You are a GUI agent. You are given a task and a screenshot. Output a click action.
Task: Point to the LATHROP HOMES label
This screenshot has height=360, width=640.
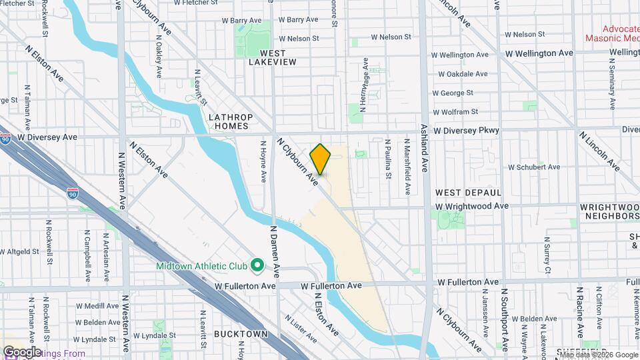pyautogui.click(x=229, y=121)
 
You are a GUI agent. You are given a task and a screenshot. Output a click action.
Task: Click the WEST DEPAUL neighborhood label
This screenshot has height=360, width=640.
pyautogui.click(x=462, y=192)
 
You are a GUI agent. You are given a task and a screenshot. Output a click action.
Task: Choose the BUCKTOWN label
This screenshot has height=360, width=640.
pyautogui.click(x=241, y=333)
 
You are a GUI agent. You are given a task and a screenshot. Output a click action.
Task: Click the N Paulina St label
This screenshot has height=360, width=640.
pyautogui.click(x=388, y=159)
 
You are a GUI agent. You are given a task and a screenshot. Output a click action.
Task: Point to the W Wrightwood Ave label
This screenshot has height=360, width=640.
pyautogui.click(x=473, y=207)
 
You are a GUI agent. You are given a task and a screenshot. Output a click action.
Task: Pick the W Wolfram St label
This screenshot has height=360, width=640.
pyautogui.click(x=455, y=112)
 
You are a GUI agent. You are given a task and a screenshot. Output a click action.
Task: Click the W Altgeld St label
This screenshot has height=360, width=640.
pyautogui.click(x=21, y=252)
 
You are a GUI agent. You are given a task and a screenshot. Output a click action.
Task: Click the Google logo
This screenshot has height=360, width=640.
pyautogui.click(x=22, y=351)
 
